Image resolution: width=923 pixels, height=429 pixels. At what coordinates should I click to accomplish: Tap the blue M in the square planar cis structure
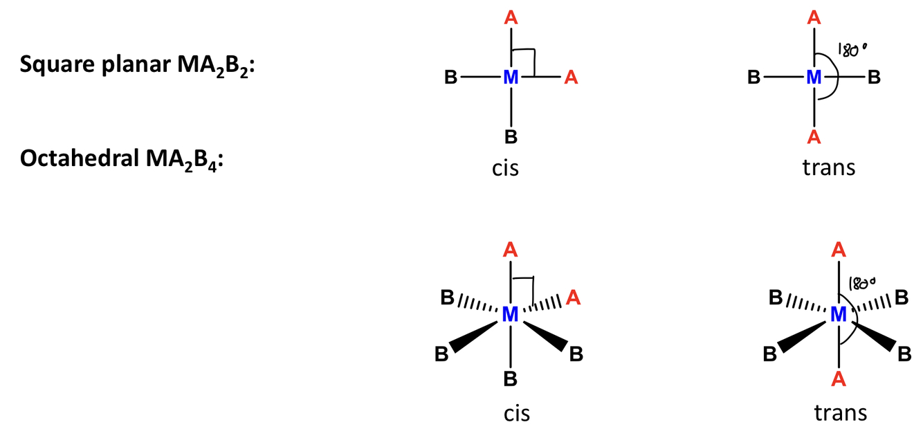pyautogui.click(x=511, y=77)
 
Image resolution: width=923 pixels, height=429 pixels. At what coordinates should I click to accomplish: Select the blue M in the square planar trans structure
pyautogui.click(x=814, y=77)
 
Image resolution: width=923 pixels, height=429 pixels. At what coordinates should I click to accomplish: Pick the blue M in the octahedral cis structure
pyautogui.click(x=511, y=315)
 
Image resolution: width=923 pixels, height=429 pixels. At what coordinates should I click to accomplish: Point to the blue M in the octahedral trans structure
pyautogui.click(x=839, y=315)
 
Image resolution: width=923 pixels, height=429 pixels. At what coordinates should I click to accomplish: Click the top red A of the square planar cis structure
pyautogui.click(x=511, y=19)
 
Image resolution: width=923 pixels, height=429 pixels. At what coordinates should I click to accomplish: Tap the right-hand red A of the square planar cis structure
pyautogui.click(x=571, y=77)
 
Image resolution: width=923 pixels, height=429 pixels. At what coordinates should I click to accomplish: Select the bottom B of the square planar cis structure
pyautogui.click(x=511, y=136)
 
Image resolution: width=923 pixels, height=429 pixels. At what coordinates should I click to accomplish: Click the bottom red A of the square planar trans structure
pyautogui.click(x=814, y=136)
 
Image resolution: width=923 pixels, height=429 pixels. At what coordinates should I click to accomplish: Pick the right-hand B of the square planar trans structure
pyautogui.click(x=874, y=77)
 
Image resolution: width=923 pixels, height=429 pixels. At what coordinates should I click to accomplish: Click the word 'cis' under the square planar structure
pyautogui.click(x=505, y=168)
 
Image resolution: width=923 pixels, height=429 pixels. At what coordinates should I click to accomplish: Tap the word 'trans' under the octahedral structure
pyautogui.click(x=840, y=413)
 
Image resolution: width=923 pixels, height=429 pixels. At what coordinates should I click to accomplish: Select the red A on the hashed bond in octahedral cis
pyautogui.click(x=572, y=298)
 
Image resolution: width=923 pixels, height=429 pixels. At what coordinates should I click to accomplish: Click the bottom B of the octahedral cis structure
pyautogui.click(x=511, y=378)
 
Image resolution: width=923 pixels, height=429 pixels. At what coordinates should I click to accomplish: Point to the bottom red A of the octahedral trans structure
pyautogui.click(x=839, y=378)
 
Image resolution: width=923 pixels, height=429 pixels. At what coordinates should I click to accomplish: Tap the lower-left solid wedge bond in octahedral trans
pyautogui.click(x=803, y=337)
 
